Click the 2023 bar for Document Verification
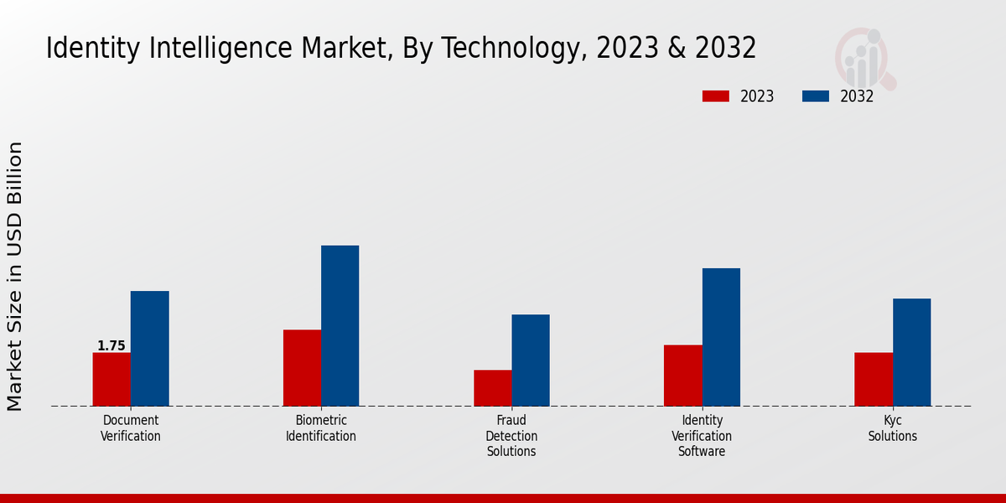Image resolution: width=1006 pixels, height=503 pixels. (x=111, y=379)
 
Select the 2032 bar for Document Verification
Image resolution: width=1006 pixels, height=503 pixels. (x=149, y=349)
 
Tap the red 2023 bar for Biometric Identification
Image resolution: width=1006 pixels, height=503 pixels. (x=302, y=368)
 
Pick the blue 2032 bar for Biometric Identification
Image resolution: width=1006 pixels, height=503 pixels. (x=340, y=326)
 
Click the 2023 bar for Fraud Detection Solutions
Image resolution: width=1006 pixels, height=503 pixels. (x=492, y=388)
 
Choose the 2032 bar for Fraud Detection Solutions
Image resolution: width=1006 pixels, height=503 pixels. (x=531, y=360)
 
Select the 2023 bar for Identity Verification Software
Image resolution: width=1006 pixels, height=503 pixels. (x=682, y=376)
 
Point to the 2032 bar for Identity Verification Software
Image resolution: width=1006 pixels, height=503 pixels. (x=721, y=337)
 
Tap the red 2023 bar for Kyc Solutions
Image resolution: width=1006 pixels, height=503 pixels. (x=873, y=379)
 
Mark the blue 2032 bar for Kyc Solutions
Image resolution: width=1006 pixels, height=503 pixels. (x=911, y=352)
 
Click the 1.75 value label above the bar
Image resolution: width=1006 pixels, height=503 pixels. (x=111, y=345)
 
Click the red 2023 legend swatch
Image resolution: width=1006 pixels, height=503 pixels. (x=715, y=96)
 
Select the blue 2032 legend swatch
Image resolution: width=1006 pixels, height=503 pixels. (x=815, y=96)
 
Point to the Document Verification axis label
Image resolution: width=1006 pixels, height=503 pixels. (x=131, y=428)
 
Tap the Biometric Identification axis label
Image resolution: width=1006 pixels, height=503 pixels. (x=321, y=428)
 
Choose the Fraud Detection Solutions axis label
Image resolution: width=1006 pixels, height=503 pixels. (x=511, y=436)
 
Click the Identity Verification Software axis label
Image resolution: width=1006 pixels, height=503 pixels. (x=702, y=436)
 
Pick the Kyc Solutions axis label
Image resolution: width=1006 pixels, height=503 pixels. (x=892, y=428)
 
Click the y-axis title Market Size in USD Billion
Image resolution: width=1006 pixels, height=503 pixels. (x=15, y=277)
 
